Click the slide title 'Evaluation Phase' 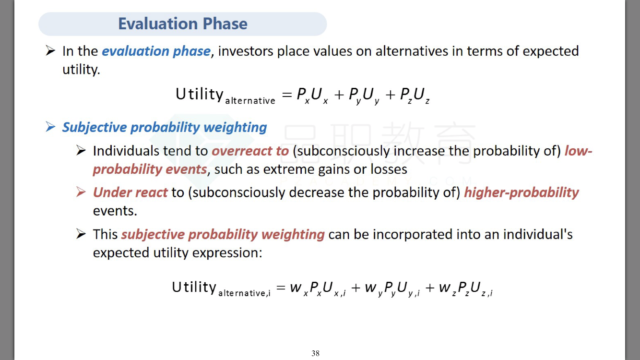[183, 24]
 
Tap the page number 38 [315, 353]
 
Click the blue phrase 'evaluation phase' [156, 51]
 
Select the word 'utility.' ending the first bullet [81, 69]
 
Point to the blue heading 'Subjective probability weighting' [165, 128]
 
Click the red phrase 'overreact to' [250, 151]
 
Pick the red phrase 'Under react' [130, 192]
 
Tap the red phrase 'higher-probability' [521, 193]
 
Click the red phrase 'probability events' [150, 169]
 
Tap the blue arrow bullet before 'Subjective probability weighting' [50, 127]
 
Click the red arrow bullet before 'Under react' [81, 192]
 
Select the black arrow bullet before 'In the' [50, 51]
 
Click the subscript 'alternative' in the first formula [250, 101]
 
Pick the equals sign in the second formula [281, 288]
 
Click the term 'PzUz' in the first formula [415, 95]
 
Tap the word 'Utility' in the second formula [194, 287]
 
